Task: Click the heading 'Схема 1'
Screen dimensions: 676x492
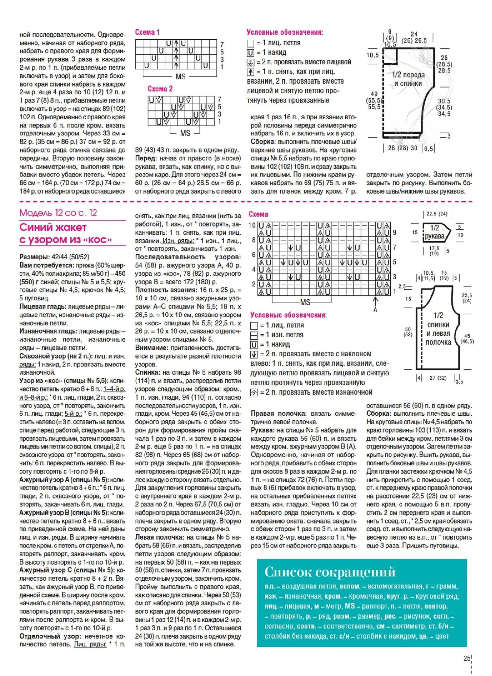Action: pyautogui.click(x=147, y=32)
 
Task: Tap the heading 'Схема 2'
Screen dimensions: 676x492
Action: pyautogui.click(x=160, y=89)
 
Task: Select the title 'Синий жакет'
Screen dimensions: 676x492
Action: pyautogui.click(x=53, y=227)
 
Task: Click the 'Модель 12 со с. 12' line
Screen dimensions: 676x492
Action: pyautogui.click(x=58, y=213)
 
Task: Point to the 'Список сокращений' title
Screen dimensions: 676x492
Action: pyautogui.click(x=330, y=572)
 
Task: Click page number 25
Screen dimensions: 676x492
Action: pyautogui.click(x=467, y=658)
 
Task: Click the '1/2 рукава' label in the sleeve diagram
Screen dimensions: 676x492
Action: pyautogui.click(x=435, y=232)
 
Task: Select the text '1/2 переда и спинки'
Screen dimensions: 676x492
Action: pyautogui.click(x=408, y=79)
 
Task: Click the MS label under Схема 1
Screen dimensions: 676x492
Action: pyautogui.click(x=180, y=77)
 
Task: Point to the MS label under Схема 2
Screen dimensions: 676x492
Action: pyautogui.click(x=185, y=133)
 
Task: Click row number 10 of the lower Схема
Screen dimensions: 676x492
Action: pyautogui.click(x=252, y=225)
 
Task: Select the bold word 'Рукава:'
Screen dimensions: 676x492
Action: pyautogui.click(x=262, y=430)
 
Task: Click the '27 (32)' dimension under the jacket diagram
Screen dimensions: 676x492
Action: pyautogui.click(x=438, y=378)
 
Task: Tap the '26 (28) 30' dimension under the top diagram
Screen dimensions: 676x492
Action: pyautogui.click(x=402, y=148)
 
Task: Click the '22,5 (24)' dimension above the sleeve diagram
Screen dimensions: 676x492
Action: pyautogui.click(x=437, y=214)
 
